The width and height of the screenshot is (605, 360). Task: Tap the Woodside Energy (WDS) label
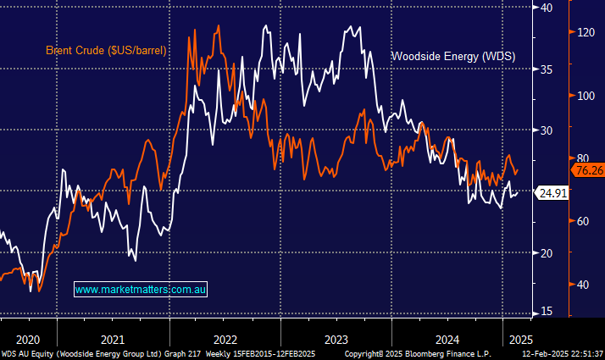452,57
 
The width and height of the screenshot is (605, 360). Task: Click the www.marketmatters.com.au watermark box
142,289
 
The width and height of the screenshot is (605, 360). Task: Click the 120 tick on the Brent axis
584,32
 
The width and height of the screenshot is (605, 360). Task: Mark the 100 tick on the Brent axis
584,95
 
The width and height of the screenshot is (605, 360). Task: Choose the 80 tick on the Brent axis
580,158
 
